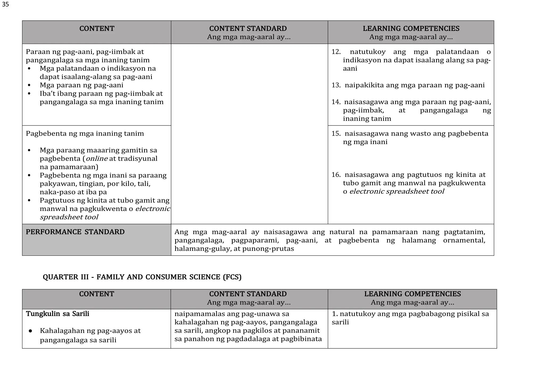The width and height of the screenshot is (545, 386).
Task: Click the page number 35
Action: [5, 5]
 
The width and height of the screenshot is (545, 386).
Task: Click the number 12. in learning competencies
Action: [336, 52]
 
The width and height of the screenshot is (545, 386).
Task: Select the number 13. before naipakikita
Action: [336, 85]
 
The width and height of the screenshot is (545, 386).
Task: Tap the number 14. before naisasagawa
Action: [336, 102]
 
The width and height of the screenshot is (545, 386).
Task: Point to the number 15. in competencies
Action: [336, 133]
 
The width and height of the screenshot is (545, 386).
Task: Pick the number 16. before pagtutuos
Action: [336, 175]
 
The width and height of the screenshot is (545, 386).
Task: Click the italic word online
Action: [97, 159]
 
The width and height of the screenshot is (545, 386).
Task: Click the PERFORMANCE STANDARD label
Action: [75, 232]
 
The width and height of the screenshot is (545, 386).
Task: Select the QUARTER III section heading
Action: [142, 277]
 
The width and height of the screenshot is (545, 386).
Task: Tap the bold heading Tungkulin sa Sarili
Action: [57, 314]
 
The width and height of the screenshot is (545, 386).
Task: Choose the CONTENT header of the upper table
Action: [97, 29]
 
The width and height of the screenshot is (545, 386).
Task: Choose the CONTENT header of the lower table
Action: [96, 294]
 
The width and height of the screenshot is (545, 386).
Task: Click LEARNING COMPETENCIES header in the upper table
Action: [411, 29]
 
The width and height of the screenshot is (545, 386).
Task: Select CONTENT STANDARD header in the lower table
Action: [248, 294]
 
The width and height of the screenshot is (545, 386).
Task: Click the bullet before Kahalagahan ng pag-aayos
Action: [30, 331]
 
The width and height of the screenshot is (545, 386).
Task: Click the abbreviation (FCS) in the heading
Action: [232, 277]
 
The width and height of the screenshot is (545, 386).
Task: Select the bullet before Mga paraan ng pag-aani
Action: [29, 86]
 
